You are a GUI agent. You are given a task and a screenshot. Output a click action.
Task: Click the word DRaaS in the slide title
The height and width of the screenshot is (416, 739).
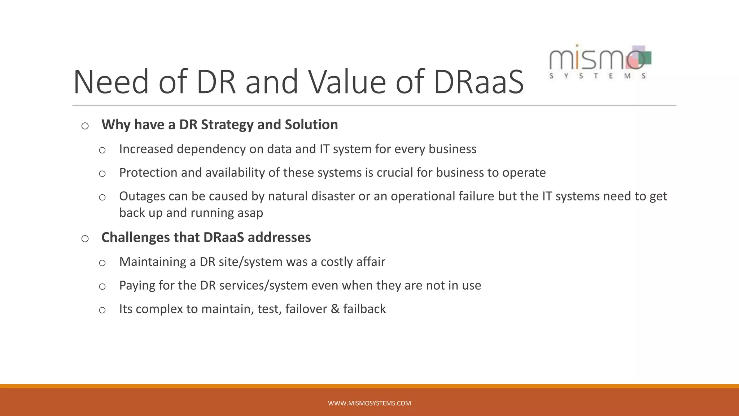click(478, 82)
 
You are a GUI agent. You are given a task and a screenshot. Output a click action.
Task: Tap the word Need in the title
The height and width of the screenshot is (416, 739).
click(111, 82)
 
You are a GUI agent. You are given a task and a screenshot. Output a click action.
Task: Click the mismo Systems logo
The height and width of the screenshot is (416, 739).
click(600, 62)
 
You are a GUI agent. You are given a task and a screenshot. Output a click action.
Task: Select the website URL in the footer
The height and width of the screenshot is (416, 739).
click(369, 403)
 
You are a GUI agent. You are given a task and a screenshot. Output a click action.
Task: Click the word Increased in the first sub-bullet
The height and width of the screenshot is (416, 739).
click(146, 149)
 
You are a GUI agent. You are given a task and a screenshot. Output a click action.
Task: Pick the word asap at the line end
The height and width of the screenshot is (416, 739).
click(250, 213)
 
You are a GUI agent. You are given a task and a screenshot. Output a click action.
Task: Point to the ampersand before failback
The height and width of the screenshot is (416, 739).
click(335, 309)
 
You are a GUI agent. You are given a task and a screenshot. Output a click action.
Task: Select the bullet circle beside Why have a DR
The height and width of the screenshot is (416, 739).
click(85, 126)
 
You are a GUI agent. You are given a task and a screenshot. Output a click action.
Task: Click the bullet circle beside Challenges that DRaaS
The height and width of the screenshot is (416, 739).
click(85, 239)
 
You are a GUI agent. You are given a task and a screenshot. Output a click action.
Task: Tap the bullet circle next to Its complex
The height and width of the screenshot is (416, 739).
click(102, 310)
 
